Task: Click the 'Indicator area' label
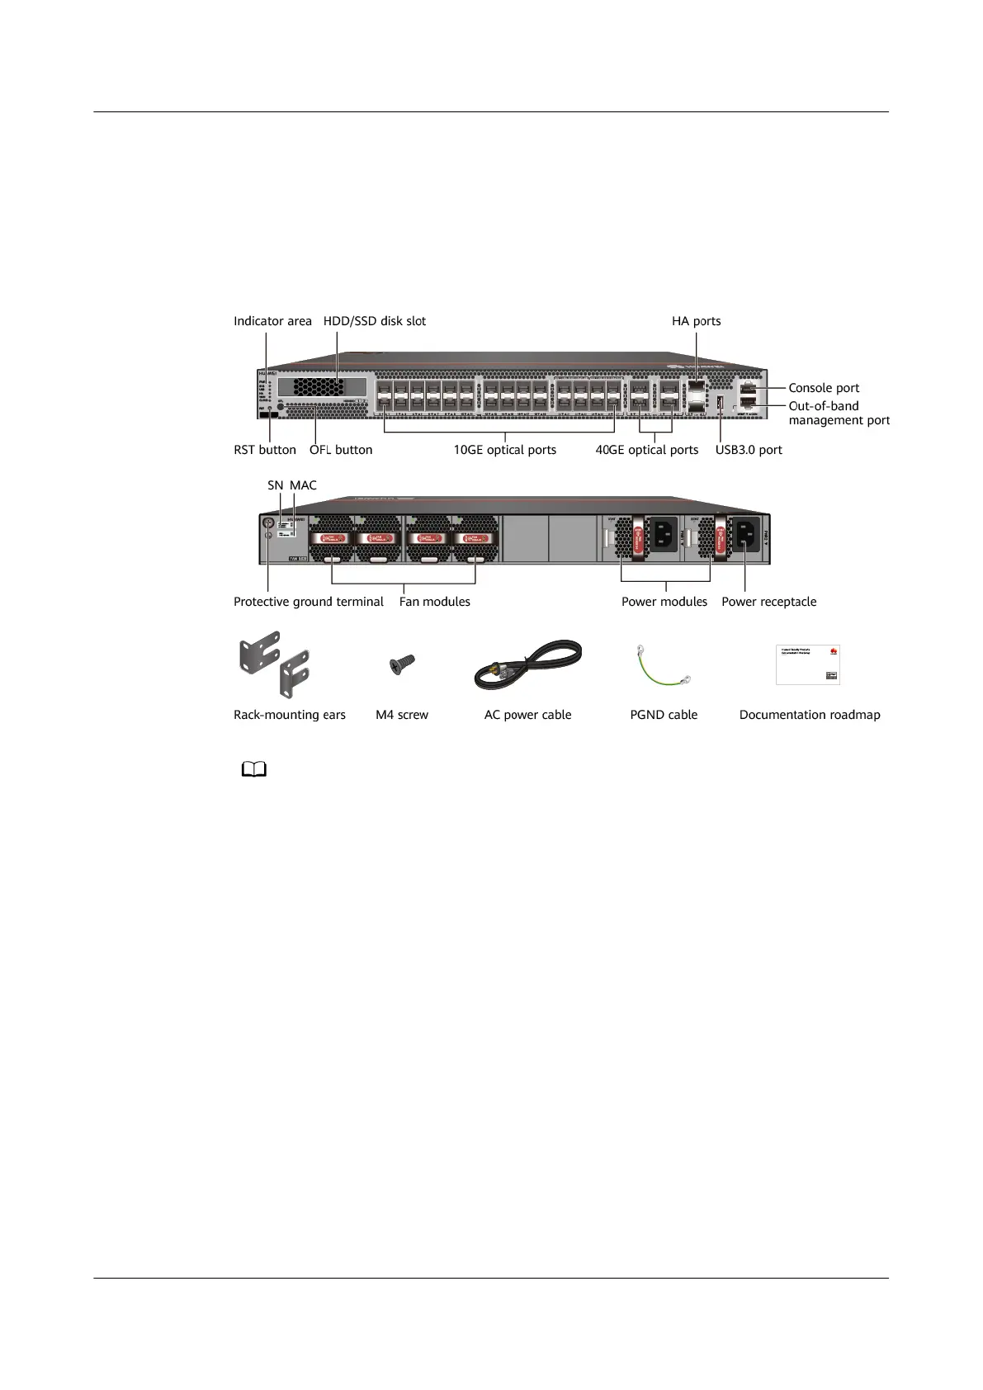(x=272, y=321)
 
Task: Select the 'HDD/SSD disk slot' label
(x=375, y=321)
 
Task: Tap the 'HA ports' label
(x=696, y=321)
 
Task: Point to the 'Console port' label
(x=824, y=388)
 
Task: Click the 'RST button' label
(x=264, y=450)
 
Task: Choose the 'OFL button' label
(x=341, y=450)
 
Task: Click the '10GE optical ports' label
(x=505, y=450)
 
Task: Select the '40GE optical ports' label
(x=647, y=450)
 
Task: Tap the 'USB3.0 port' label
(x=749, y=450)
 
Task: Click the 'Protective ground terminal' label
(x=309, y=602)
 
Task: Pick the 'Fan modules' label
(x=435, y=602)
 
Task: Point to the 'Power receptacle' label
(x=769, y=602)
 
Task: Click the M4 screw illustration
(x=403, y=664)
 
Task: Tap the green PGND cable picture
(x=664, y=666)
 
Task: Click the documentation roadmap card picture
(x=808, y=664)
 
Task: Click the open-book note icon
(x=254, y=770)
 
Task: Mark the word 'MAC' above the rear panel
(x=303, y=485)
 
